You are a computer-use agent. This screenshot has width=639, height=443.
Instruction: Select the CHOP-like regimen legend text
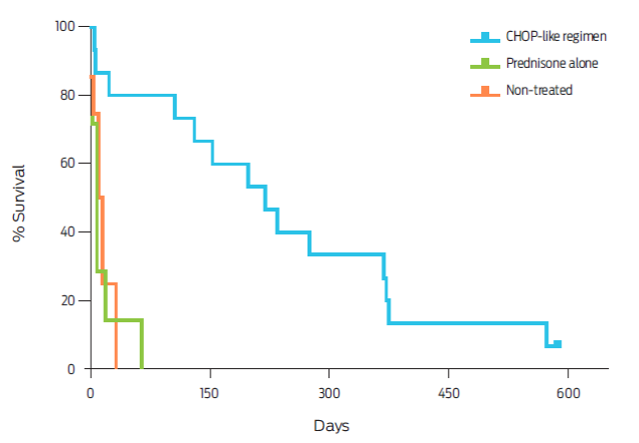pos(554,37)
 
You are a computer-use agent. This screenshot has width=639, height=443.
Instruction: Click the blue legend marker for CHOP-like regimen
pos(485,37)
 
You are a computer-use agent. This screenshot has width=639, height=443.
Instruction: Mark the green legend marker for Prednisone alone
pos(485,63)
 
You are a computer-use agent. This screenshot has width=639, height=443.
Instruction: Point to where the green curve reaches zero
pos(142,368)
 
